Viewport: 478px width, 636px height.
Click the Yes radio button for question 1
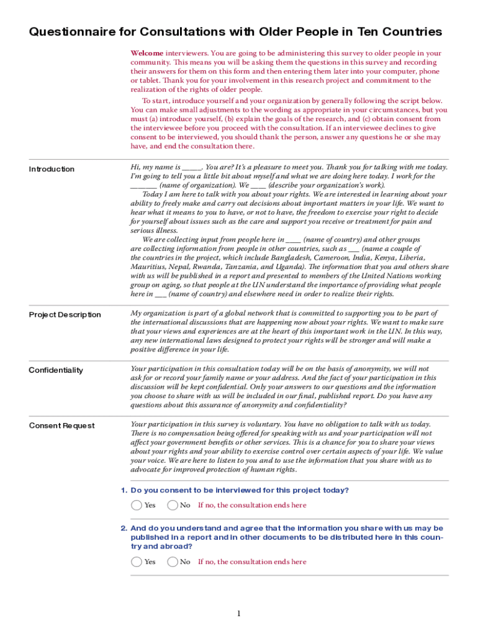pyautogui.click(x=137, y=505)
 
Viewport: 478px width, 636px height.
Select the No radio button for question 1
pyautogui.click(x=173, y=505)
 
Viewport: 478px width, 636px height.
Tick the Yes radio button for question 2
pyautogui.click(x=137, y=561)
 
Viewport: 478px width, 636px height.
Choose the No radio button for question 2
pyautogui.click(x=173, y=561)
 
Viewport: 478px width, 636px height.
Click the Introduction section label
pyautogui.click(x=52, y=169)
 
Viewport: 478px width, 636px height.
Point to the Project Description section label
pyautogui.click(x=65, y=314)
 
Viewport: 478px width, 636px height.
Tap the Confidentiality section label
pyautogui.click(x=55, y=370)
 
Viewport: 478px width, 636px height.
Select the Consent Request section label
pyautogui.click(x=61, y=425)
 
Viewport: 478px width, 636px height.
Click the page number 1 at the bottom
pyautogui.click(x=238, y=614)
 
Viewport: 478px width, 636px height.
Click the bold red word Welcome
pyautogui.click(x=147, y=53)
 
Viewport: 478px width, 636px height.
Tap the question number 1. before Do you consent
pyautogui.click(x=124, y=490)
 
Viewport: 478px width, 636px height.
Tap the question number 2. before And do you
pyautogui.click(x=124, y=528)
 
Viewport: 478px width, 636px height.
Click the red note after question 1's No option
pyautogui.click(x=252, y=505)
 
